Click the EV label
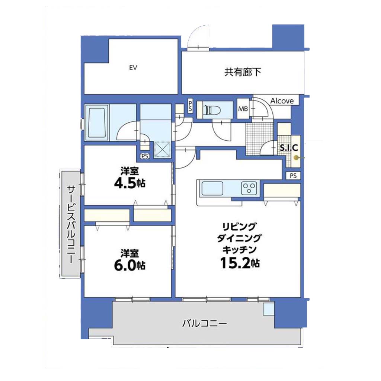[x=133, y=68]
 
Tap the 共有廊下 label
[x=243, y=72]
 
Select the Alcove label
[x=282, y=101]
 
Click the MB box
[x=243, y=108]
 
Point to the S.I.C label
[x=289, y=147]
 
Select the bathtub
[x=97, y=122]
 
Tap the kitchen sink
[x=212, y=188]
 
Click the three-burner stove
[x=249, y=188]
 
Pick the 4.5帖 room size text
[x=129, y=183]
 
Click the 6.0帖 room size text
[x=129, y=265]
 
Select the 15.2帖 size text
[x=240, y=263]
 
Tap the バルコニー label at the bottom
[x=204, y=323]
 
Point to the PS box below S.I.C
[x=293, y=176]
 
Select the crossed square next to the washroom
[x=162, y=150]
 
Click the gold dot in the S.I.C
[x=296, y=158]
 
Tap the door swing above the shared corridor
[x=199, y=37]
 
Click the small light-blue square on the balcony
[x=269, y=309]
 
